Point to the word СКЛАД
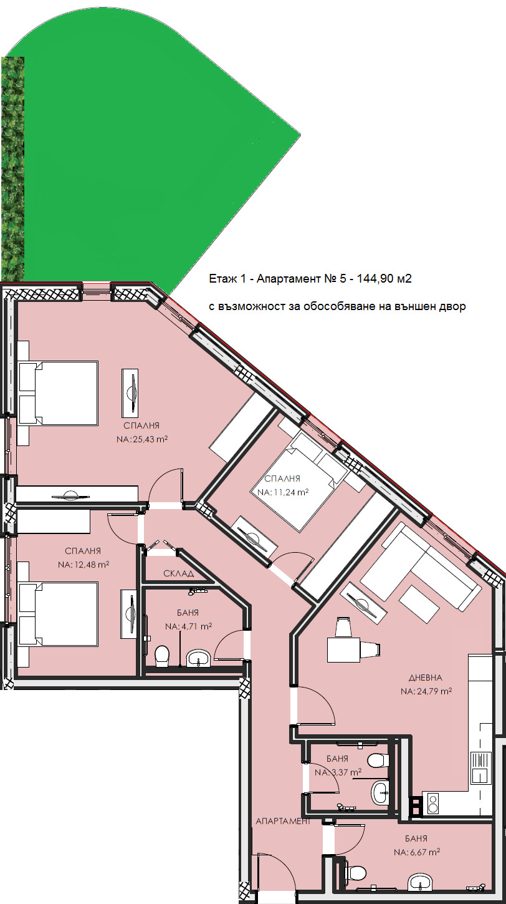(179, 573)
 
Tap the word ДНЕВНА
(426, 678)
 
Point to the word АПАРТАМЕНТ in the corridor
(283, 821)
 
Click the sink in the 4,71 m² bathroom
(198, 658)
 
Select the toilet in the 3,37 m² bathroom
(378, 760)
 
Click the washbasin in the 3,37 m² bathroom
(379, 792)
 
